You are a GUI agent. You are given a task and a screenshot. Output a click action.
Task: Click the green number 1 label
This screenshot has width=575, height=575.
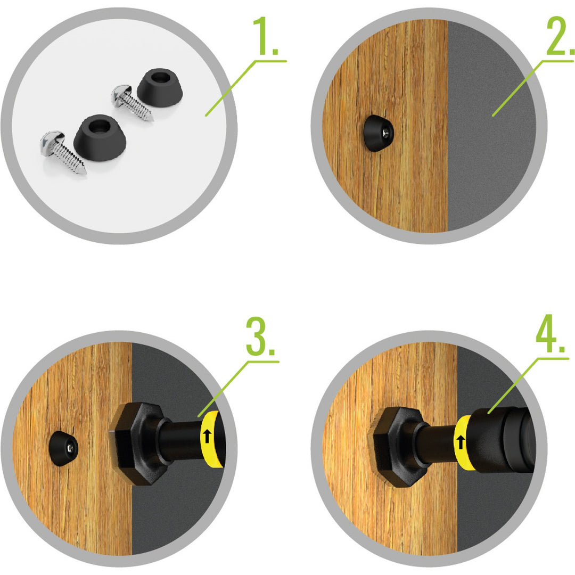click(x=265, y=36)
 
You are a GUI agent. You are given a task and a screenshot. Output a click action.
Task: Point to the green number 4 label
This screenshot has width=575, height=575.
click(x=550, y=334)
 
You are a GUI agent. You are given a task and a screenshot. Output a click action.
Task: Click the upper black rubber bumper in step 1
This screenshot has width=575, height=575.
click(x=160, y=88)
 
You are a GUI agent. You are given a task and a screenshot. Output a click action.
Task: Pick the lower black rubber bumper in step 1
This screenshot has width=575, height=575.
click(x=100, y=137)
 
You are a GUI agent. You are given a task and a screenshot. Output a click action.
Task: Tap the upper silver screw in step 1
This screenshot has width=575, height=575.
click(x=132, y=102)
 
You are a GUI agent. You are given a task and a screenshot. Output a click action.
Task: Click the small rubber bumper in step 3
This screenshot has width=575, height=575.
click(x=63, y=448)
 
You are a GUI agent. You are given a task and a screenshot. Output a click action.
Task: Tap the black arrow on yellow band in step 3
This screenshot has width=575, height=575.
click(x=207, y=437)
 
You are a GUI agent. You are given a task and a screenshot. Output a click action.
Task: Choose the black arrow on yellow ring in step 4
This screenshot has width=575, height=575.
click(x=461, y=442)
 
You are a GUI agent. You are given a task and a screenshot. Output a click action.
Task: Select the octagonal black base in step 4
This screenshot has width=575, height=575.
click(x=398, y=447)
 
